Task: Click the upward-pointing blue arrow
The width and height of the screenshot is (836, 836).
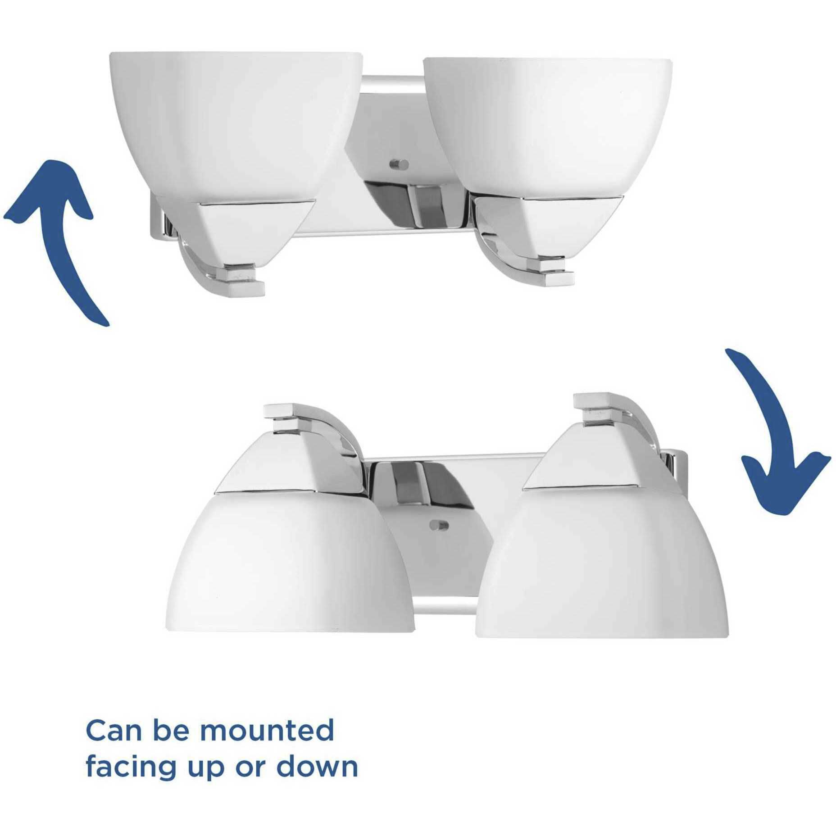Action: [63, 234]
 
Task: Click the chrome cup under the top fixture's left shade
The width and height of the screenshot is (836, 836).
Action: [234, 225]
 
